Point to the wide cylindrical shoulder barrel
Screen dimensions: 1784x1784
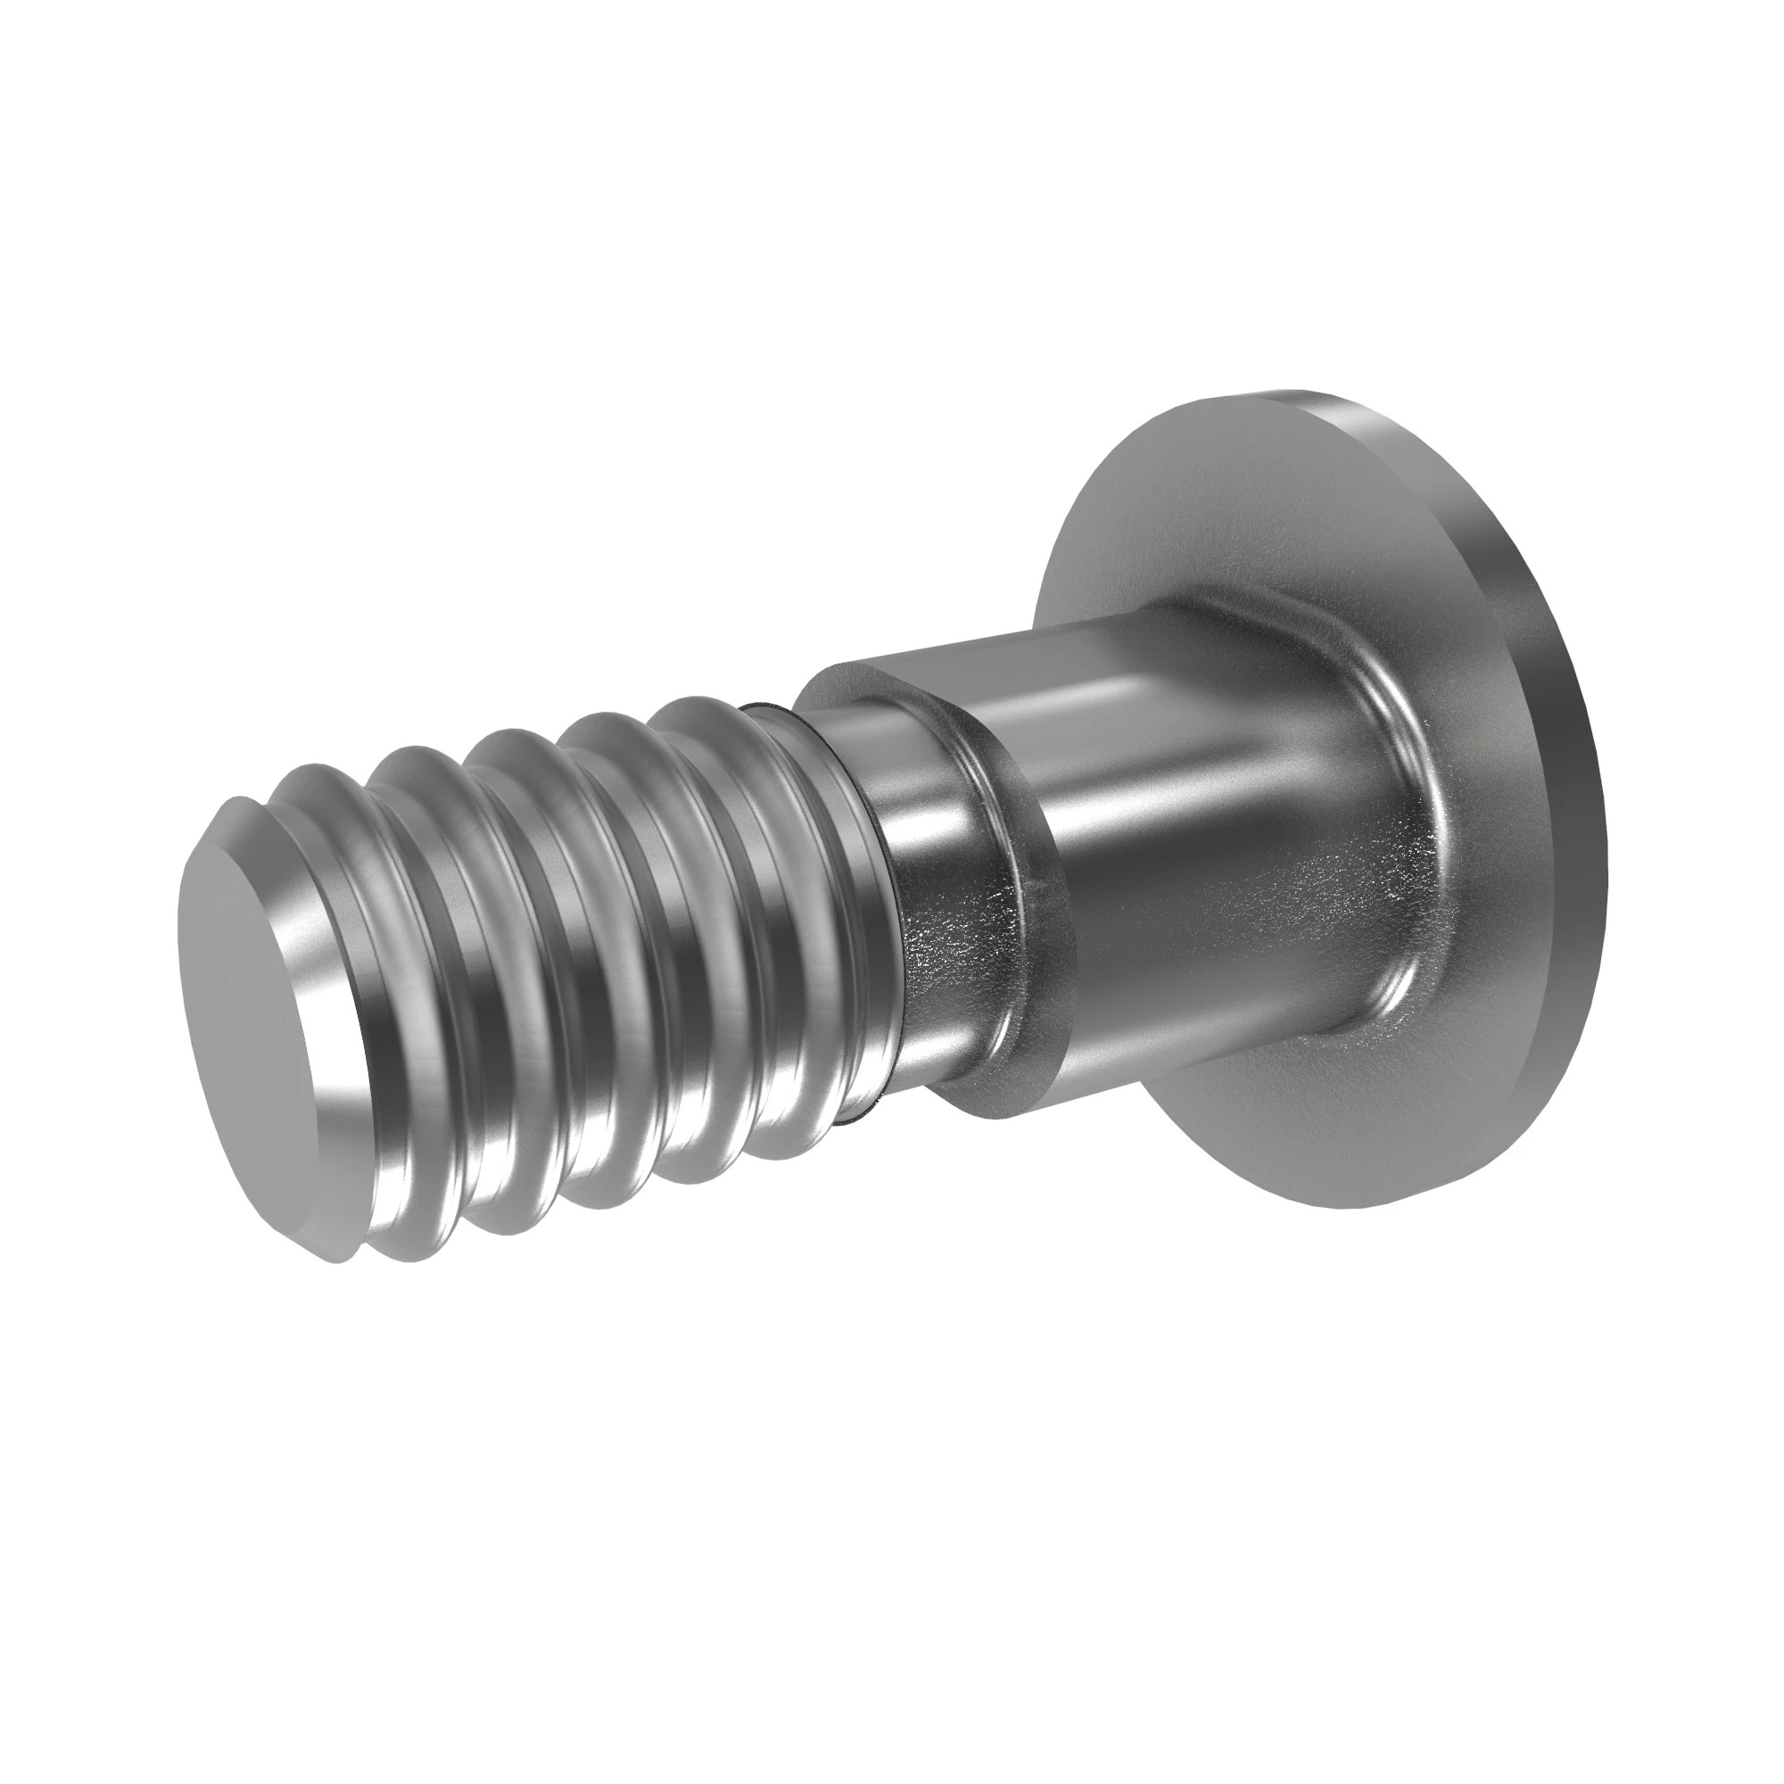pyautogui.click(x=1201, y=831)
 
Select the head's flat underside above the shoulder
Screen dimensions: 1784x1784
pyautogui.click(x=1201, y=517)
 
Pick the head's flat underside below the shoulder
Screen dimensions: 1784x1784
pyautogui.click(x=1311, y=1154)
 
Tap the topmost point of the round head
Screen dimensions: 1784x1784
pyautogui.click(x=1293, y=392)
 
